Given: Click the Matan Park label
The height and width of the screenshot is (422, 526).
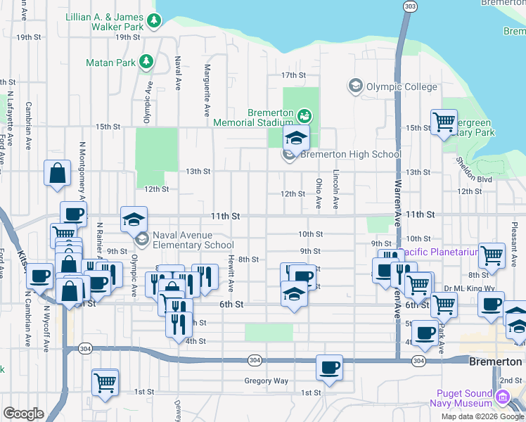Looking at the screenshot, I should pos(110,63).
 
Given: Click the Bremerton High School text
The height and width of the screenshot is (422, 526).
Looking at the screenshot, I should pos(351,155).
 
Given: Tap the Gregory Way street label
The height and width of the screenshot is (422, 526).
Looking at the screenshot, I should pos(266,381).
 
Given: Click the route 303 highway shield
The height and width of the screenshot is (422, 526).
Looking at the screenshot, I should pos(409,6).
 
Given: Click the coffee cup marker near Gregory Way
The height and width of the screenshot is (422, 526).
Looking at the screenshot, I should pos(328,367).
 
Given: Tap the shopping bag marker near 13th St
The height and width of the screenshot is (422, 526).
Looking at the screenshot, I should pos(57,173).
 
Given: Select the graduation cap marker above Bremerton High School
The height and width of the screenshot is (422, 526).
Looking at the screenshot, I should pos(297,138).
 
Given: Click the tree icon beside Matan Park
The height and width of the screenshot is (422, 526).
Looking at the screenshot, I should pos(146,62).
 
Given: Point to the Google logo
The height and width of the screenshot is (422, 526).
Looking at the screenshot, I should pos(23,414).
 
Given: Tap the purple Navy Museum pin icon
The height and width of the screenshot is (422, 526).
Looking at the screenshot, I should pos(502,398).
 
